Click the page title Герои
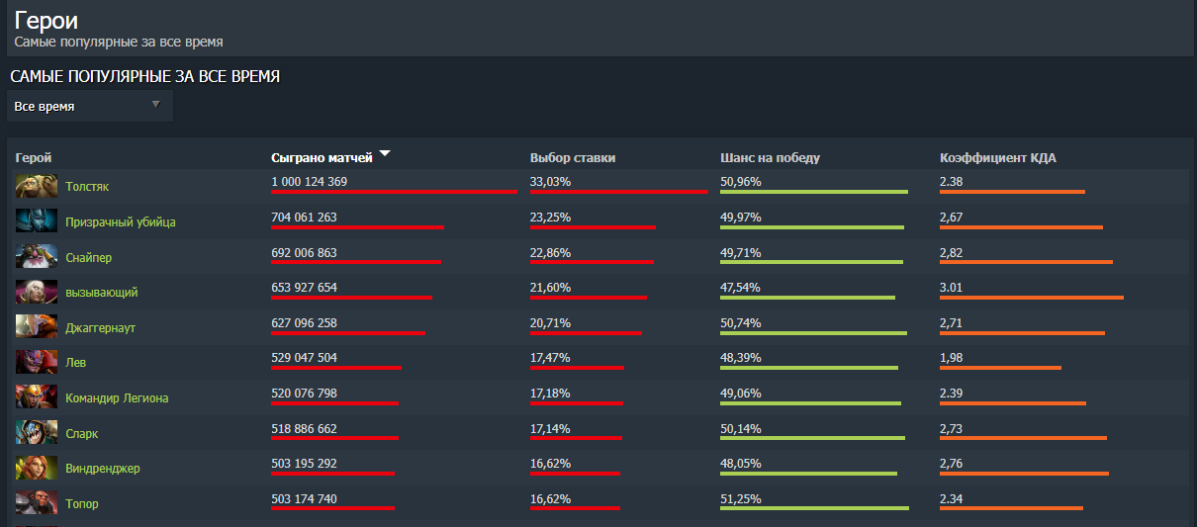46,21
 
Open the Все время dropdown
90,106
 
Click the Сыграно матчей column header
322,157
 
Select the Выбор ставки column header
573,157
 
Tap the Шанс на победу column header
770,157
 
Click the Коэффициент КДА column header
997,157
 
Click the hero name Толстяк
87,186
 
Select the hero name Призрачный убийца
120,221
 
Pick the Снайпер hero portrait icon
29,257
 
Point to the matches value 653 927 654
304,288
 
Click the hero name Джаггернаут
100,327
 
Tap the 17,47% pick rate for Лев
550,358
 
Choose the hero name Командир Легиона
117,398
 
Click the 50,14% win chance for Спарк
740,429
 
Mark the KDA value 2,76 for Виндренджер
951,464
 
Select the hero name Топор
81,504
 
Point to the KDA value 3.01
951,288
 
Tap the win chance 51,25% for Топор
740,499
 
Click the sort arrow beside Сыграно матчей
385,154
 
